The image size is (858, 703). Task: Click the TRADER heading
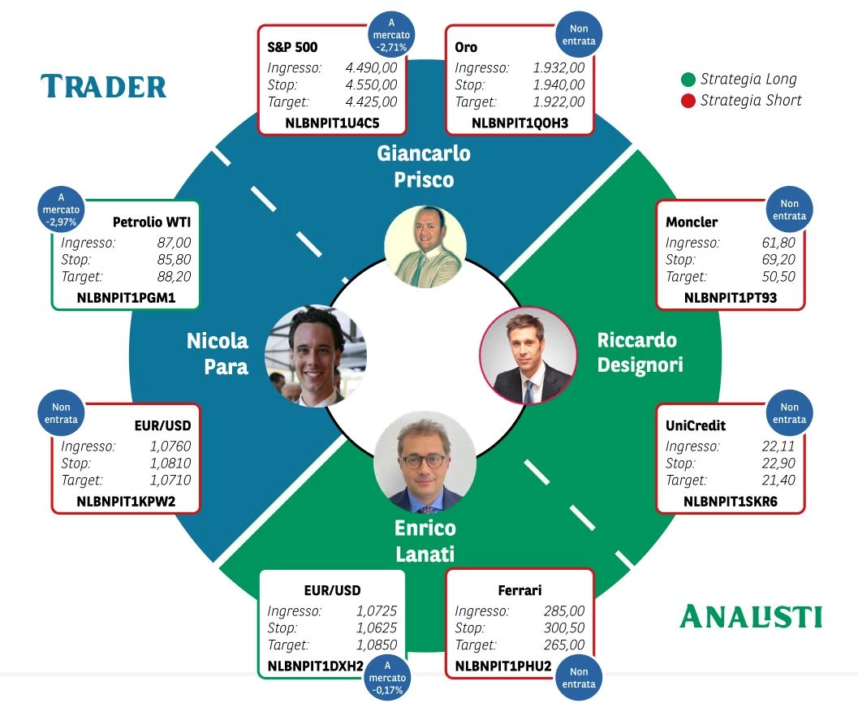(x=103, y=86)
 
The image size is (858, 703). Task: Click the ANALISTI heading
(x=751, y=616)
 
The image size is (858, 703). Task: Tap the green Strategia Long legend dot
(x=688, y=80)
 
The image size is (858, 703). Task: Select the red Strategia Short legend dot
(x=688, y=101)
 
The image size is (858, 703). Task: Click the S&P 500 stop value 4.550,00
(x=371, y=84)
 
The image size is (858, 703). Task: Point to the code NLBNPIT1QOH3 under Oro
(x=520, y=123)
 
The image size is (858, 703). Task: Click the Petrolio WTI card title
(x=152, y=222)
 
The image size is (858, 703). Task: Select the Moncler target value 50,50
(x=778, y=277)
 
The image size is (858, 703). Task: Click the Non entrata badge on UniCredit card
(x=789, y=413)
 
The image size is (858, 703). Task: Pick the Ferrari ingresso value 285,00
(x=564, y=611)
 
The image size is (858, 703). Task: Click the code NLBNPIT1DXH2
(x=315, y=666)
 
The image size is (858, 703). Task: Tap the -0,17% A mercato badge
(x=387, y=678)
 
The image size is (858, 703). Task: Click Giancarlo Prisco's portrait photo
(x=425, y=246)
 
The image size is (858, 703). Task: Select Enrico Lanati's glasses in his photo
(x=424, y=461)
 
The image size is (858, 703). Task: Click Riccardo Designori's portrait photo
(x=528, y=356)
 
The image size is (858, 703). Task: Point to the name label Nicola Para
(x=218, y=353)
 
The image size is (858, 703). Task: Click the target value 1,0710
(x=170, y=481)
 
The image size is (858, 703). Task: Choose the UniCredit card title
(x=696, y=425)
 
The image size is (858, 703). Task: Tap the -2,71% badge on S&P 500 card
(x=391, y=35)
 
